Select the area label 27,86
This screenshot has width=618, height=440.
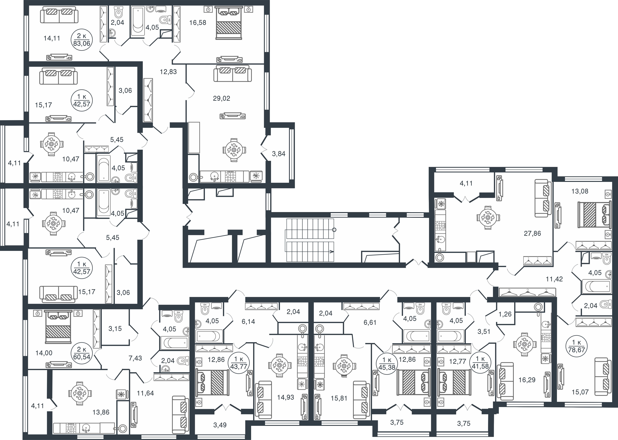[532, 233]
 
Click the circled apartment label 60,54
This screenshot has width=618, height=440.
[81, 353]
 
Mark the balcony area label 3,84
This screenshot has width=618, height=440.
[279, 154]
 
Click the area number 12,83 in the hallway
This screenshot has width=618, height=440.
[168, 72]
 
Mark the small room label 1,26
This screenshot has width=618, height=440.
[505, 314]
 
